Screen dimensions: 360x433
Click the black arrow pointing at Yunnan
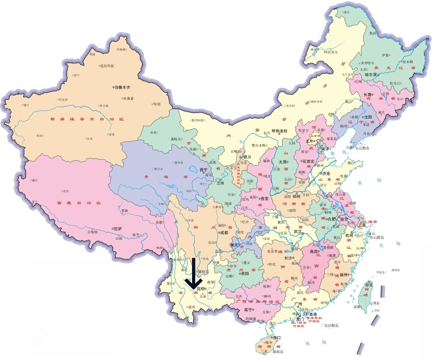click(x=193, y=275)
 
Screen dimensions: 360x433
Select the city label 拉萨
click(x=118, y=229)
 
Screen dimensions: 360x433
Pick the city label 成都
click(x=223, y=232)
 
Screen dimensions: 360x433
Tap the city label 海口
click(x=277, y=337)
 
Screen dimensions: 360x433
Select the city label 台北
click(x=368, y=285)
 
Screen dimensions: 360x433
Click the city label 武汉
click(x=298, y=231)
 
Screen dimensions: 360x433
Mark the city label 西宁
click(x=204, y=170)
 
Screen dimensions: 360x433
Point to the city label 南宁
click(x=249, y=310)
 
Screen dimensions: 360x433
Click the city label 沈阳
click(x=368, y=117)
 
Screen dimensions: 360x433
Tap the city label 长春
click(x=367, y=95)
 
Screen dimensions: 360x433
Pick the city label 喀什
click(x=26, y=105)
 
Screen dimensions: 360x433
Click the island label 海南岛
click(x=278, y=352)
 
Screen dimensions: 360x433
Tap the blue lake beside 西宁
click(x=195, y=170)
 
